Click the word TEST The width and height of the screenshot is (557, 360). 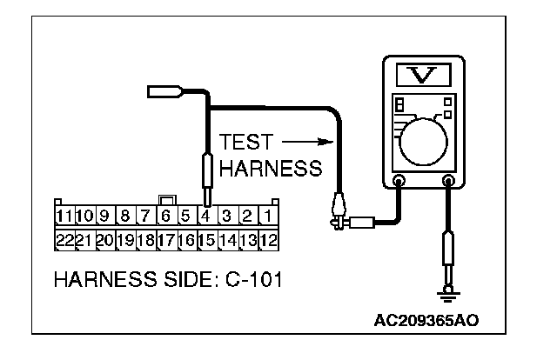(x=245, y=143)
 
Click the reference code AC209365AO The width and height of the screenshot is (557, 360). (x=427, y=320)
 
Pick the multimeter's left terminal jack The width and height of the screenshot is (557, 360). (x=399, y=182)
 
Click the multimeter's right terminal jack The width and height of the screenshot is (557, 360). (x=449, y=182)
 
